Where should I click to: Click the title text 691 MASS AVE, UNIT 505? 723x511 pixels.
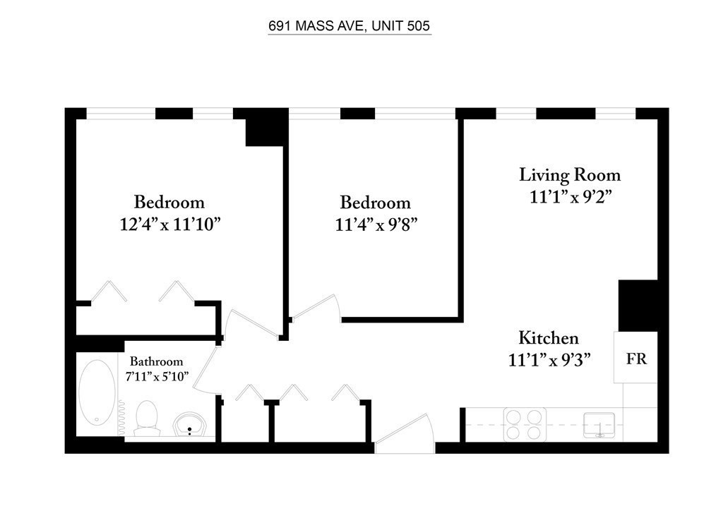tap(349, 26)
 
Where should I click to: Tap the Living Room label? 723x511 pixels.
tap(570, 175)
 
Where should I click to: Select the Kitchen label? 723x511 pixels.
tap(548, 338)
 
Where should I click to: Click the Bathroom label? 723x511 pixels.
tap(156, 361)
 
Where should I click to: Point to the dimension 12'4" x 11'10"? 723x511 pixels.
tap(170, 224)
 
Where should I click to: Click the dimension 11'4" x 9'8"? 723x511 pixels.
tap(376, 225)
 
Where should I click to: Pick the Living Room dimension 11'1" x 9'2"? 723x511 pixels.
tap(570, 197)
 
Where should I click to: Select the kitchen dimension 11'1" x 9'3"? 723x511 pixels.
tap(549, 359)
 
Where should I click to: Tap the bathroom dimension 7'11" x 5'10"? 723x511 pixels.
tap(157, 376)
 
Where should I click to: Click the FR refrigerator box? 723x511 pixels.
tap(635, 357)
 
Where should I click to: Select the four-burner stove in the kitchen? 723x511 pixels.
tap(525, 424)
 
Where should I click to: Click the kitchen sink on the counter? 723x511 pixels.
tap(599, 425)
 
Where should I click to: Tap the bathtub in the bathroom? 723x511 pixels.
tap(97, 392)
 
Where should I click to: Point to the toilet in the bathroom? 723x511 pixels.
tap(147, 418)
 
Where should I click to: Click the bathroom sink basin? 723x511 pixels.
tap(189, 424)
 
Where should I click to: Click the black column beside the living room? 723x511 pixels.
tap(638, 306)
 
